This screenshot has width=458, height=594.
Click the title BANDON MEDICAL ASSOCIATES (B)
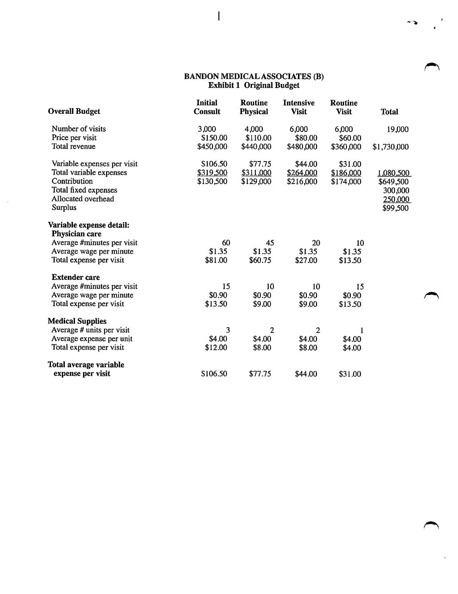coord(254,76)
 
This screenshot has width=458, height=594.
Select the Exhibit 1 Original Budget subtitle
coord(254,85)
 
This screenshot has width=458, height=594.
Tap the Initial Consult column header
coord(207,107)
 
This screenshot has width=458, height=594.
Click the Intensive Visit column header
coord(299,107)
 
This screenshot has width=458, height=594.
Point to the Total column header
coord(389,112)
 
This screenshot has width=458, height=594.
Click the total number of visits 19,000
coord(397,130)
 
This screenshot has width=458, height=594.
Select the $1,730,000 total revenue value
coord(390,147)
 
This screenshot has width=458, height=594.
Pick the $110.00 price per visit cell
coord(258,138)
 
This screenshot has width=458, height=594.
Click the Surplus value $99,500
coord(395,208)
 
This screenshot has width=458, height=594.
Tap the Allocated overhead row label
coord(83,199)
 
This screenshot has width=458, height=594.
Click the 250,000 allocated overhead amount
coord(396,199)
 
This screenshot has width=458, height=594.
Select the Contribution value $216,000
coord(302,182)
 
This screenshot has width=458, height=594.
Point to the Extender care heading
coord(76,277)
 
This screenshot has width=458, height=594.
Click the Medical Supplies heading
coord(77,321)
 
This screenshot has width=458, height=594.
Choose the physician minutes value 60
coord(226,243)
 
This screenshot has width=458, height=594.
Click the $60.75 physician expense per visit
coord(260,260)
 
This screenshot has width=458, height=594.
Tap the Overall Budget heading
coord(74,111)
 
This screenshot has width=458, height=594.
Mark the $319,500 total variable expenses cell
coord(212,173)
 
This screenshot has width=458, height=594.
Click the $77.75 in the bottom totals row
coord(260,374)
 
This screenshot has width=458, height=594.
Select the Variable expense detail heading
coord(88,225)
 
